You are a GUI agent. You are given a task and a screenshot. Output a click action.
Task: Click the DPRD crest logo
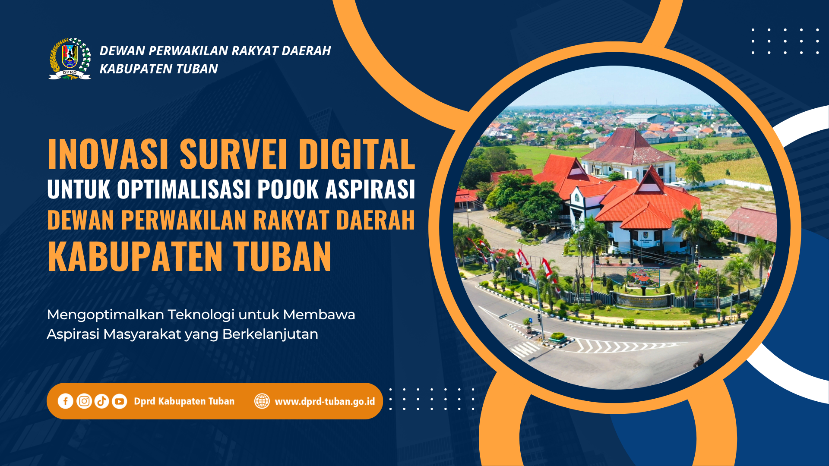pyautogui.click(x=70, y=59)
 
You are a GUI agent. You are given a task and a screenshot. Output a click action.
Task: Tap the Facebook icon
pyautogui.click(x=66, y=401)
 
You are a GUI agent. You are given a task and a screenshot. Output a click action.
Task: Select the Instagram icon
pyautogui.click(x=84, y=401)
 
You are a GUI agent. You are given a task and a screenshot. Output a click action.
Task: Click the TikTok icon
pyautogui.click(x=102, y=401)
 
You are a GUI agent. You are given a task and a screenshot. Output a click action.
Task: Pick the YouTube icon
pyautogui.click(x=120, y=401)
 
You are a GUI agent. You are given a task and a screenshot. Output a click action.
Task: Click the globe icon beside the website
pyautogui.click(x=262, y=401)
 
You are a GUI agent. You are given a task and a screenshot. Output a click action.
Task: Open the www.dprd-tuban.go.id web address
pyautogui.click(x=325, y=402)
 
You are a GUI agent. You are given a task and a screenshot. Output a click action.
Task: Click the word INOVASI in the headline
pyautogui.click(x=108, y=154)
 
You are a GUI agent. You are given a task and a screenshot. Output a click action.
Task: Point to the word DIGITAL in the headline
pyautogui.click(x=357, y=154)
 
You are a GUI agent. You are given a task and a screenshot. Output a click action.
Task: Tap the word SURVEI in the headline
pyautogui.click(x=233, y=154)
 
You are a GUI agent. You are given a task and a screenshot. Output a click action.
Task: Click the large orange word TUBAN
pyautogui.click(x=282, y=256)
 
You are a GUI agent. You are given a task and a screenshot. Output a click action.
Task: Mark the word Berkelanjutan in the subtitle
pyautogui.click(x=270, y=335)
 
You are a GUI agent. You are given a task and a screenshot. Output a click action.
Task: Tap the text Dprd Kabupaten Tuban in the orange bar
pyautogui.click(x=184, y=402)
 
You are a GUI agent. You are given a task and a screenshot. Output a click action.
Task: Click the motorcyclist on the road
pyautogui.click(x=698, y=360)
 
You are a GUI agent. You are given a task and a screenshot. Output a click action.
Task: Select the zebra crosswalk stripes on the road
pyautogui.click(x=525, y=349)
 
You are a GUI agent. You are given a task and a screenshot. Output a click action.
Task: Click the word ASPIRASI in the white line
pyautogui.click(x=370, y=189)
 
